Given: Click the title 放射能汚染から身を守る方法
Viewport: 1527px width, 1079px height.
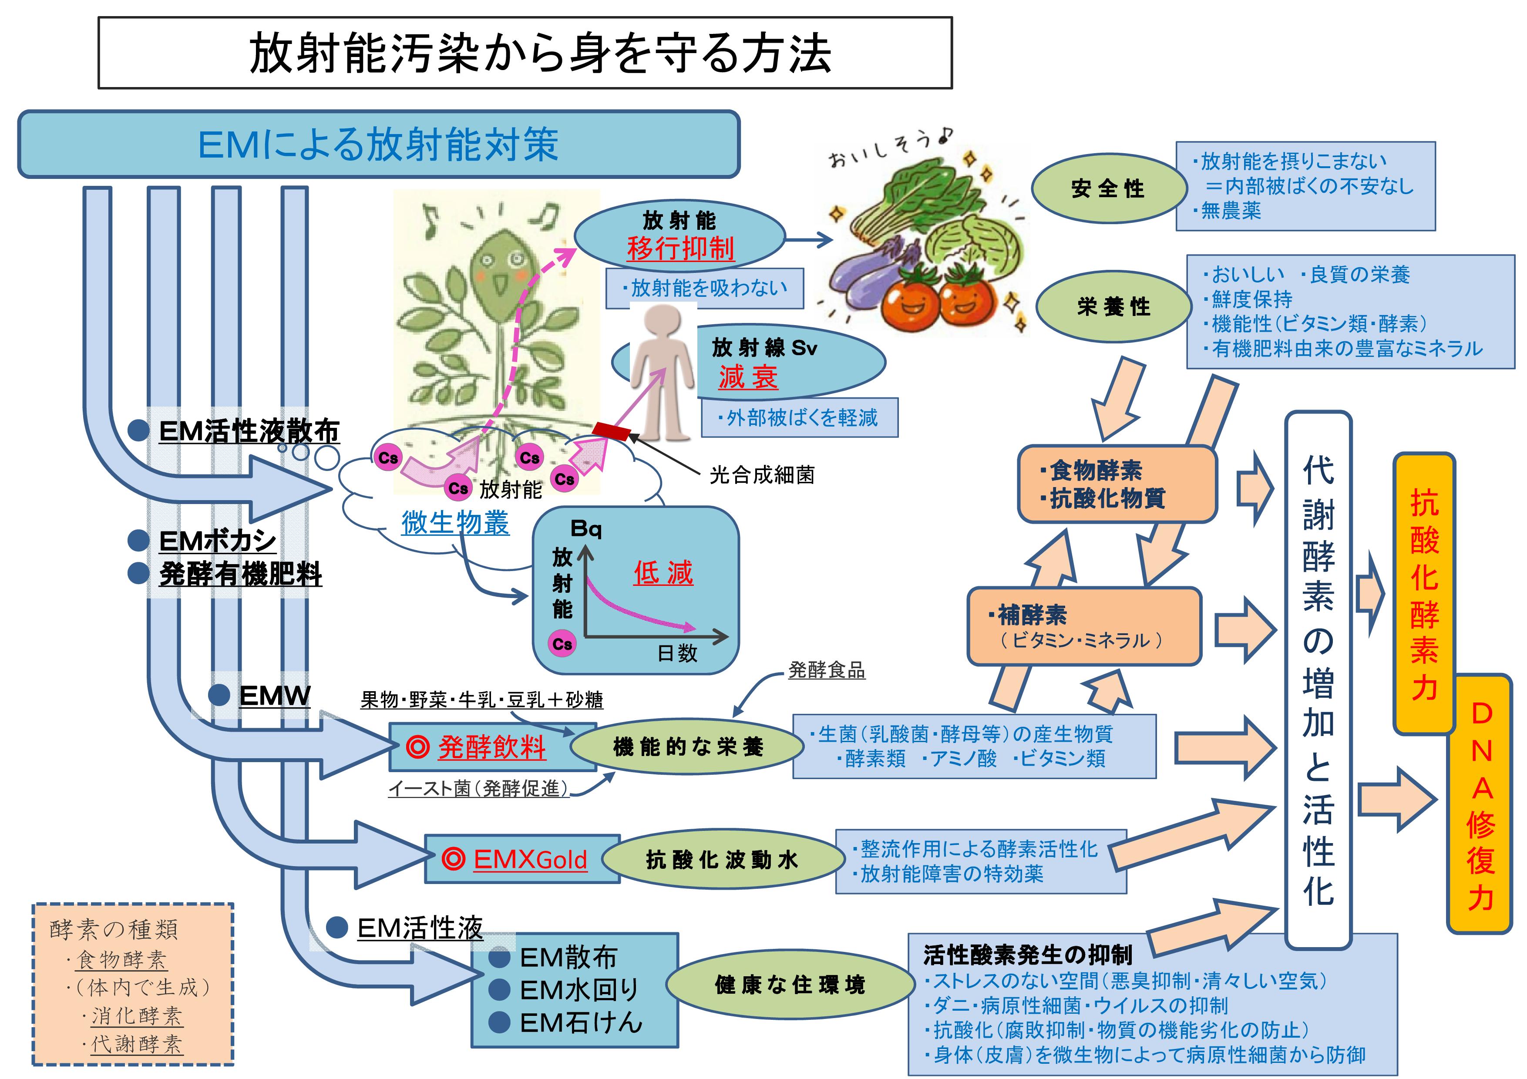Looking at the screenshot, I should click(x=540, y=53).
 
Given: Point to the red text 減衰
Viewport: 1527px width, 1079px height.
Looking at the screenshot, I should click(x=748, y=377).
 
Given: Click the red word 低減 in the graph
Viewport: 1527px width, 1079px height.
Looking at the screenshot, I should click(x=663, y=572).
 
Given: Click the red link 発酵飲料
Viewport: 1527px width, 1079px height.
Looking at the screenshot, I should click(x=491, y=747).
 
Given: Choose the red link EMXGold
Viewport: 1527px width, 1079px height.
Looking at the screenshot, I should click(x=530, y=860).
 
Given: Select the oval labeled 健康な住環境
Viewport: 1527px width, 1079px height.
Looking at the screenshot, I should click(x=790, y=985).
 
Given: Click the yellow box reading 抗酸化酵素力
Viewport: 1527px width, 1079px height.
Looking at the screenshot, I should click(x=1424, y=594).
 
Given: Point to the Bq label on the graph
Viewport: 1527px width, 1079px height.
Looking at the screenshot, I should click(x=586, y=529).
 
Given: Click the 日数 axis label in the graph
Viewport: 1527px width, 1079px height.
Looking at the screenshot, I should click(x=677, y=653).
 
